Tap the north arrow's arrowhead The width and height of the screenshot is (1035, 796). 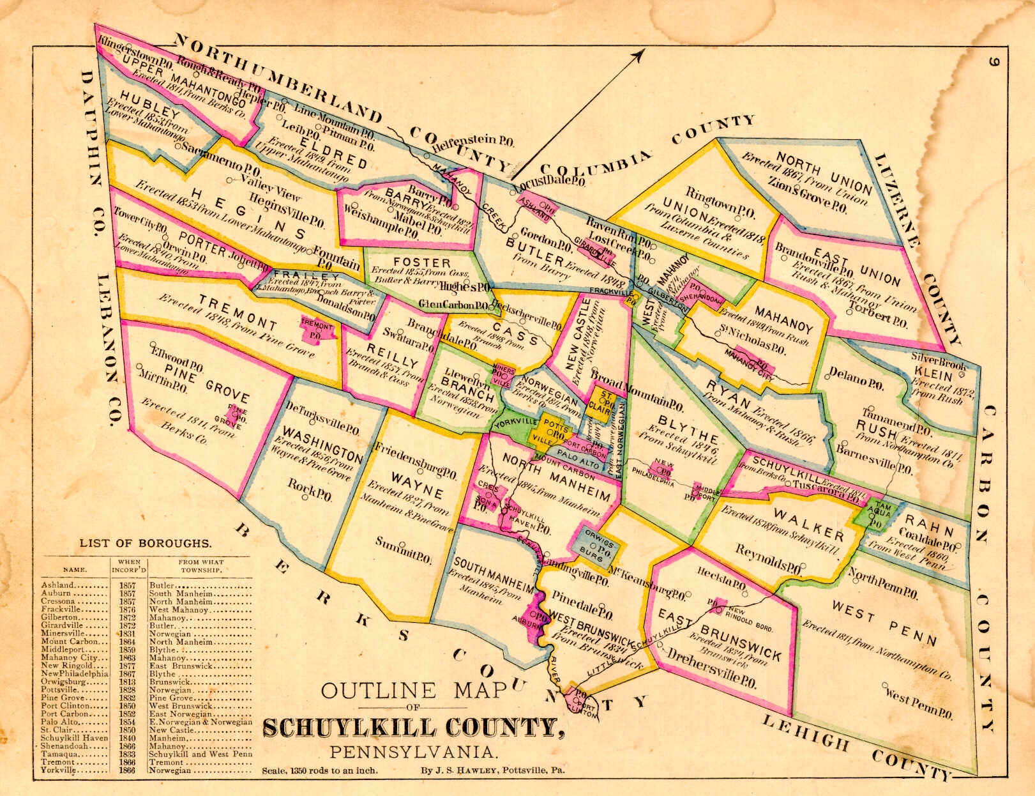[637, 54]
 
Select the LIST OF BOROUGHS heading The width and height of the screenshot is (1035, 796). [145, 544]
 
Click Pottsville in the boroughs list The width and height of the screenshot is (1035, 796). [60, 690]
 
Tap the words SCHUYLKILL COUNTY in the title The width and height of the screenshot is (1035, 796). [414, 728]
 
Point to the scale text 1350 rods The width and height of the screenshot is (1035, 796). [319, 770]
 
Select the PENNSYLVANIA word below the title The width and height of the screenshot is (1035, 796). [411, 752]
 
